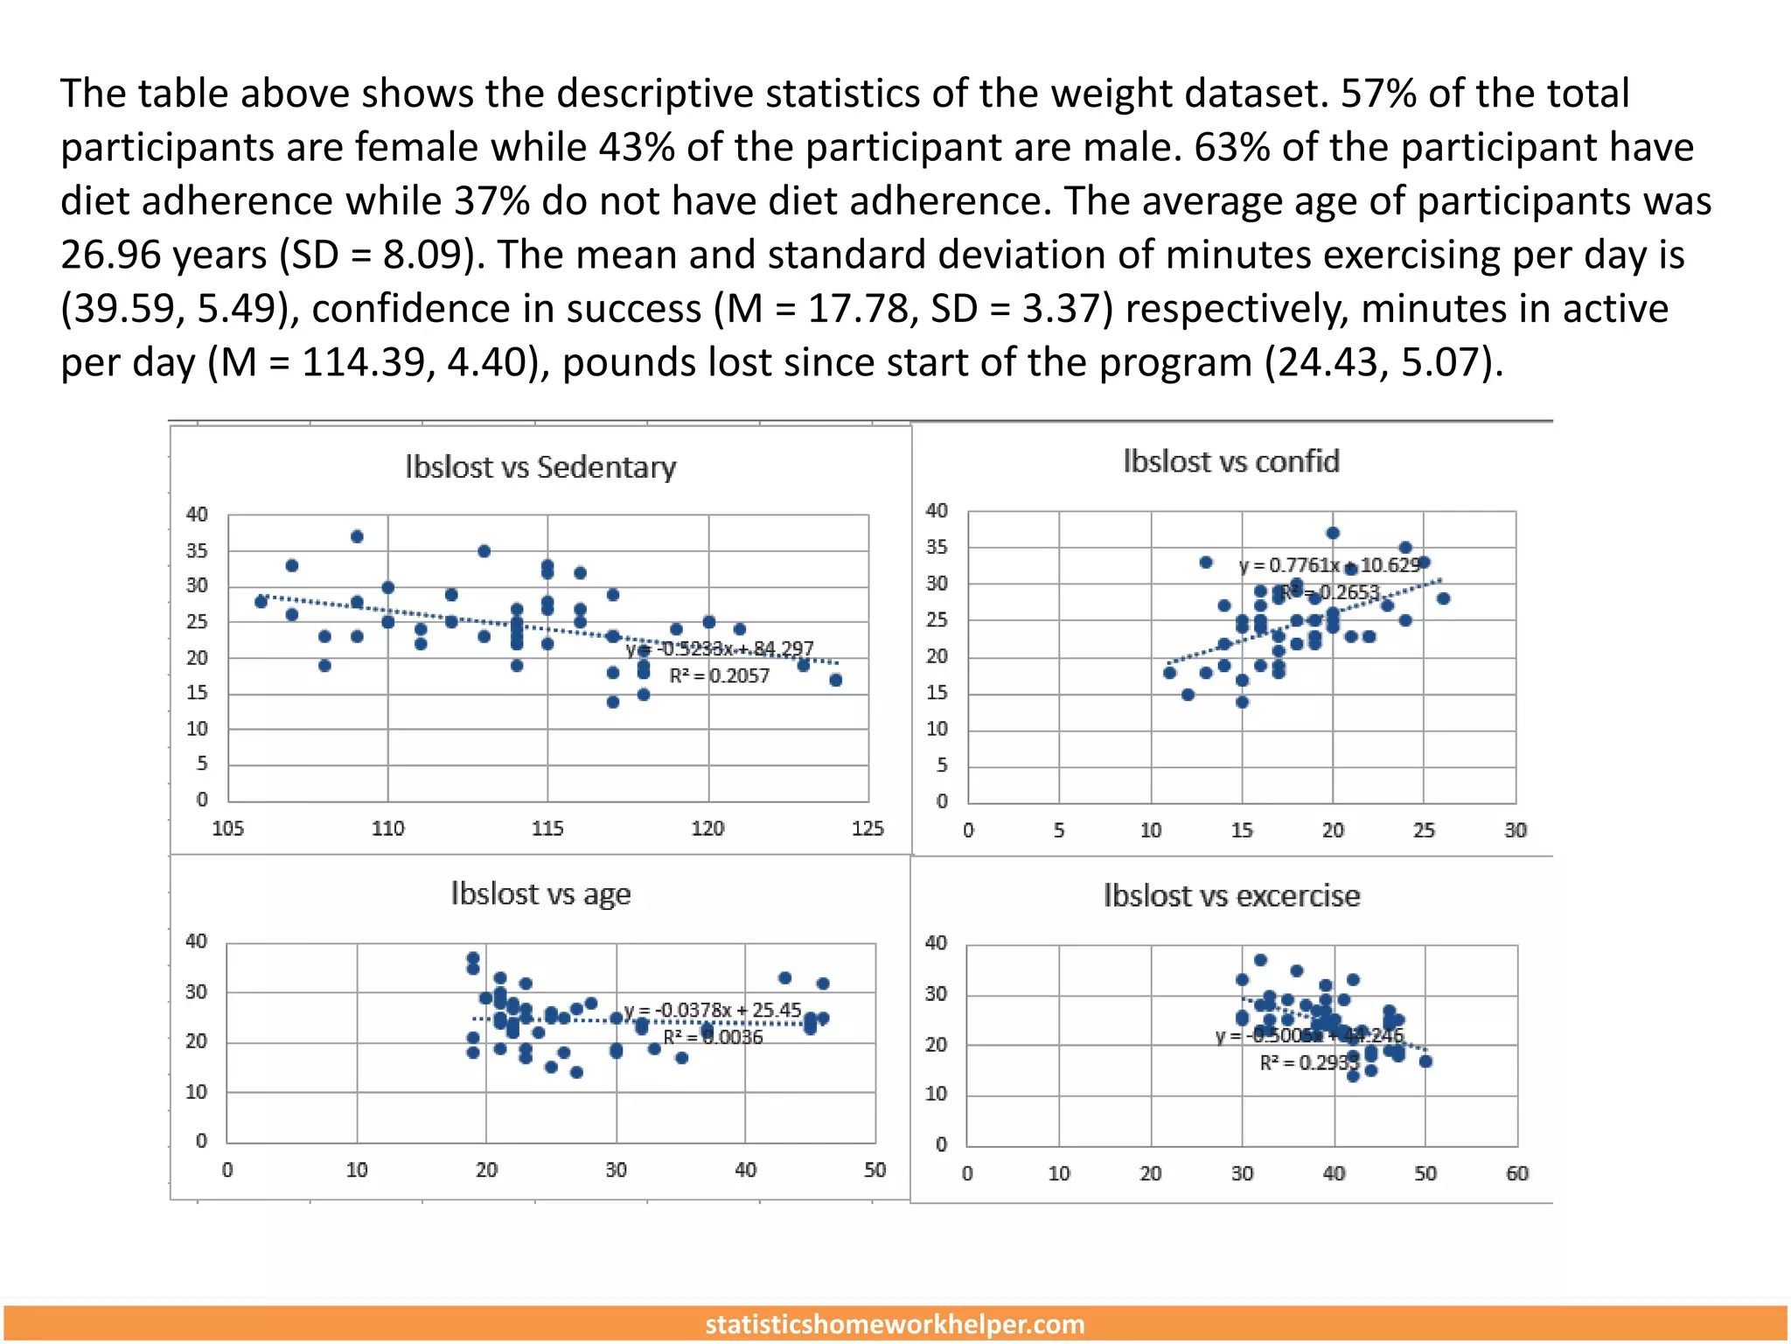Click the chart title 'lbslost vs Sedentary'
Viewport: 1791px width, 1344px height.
pyautogui.click(x=540, y=467)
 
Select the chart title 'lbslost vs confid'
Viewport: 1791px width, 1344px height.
pyautogui.click(x=1230, y=461)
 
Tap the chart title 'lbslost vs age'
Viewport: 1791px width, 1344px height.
pyautogui.click(x=540, y=894)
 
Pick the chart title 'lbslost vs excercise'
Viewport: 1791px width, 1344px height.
pyautogui.click(x=1230, y=896)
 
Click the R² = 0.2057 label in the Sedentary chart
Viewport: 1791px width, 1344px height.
pyautogui.click(x=719, y=676)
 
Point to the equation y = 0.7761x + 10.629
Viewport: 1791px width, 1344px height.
pyautogui.click(x=1329, y=565)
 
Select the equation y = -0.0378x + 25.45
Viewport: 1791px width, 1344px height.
pyautogui.click(x=712, y=1011)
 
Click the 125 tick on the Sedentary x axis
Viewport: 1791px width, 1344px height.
pyautogui.click(x=868, y=829)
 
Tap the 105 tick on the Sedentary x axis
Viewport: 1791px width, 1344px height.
pyautogui.click(x=228, y=829)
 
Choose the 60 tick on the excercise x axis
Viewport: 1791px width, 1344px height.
pyautogui.click(x=1516, y=1173)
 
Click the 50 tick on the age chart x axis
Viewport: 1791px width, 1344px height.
pyautogui.click(x=875, y=1170)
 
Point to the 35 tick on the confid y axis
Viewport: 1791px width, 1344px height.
pyautogui.click(x=937, y=548)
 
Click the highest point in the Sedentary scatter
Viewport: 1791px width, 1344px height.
pyautogui.click(x=357, y=536)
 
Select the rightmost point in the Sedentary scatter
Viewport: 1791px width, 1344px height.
pyautogui.click(x=836, y=680)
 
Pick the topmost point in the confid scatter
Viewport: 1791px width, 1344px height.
pyautogui.click(x=1333, y=533)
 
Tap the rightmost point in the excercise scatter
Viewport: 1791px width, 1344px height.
pyautogui.click(x=1425, y=1061)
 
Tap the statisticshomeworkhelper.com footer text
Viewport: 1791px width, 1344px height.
pyautogui.click(x=895, y=1324)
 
